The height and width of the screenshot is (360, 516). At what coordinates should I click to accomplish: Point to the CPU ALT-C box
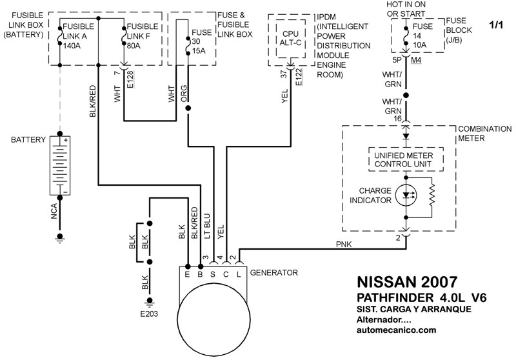(290, 38)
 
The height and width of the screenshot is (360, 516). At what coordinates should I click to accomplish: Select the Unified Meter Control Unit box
(405, 160)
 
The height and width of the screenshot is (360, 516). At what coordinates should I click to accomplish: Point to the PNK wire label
(343, 244)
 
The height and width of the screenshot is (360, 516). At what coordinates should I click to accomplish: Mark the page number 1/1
(497, 26)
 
